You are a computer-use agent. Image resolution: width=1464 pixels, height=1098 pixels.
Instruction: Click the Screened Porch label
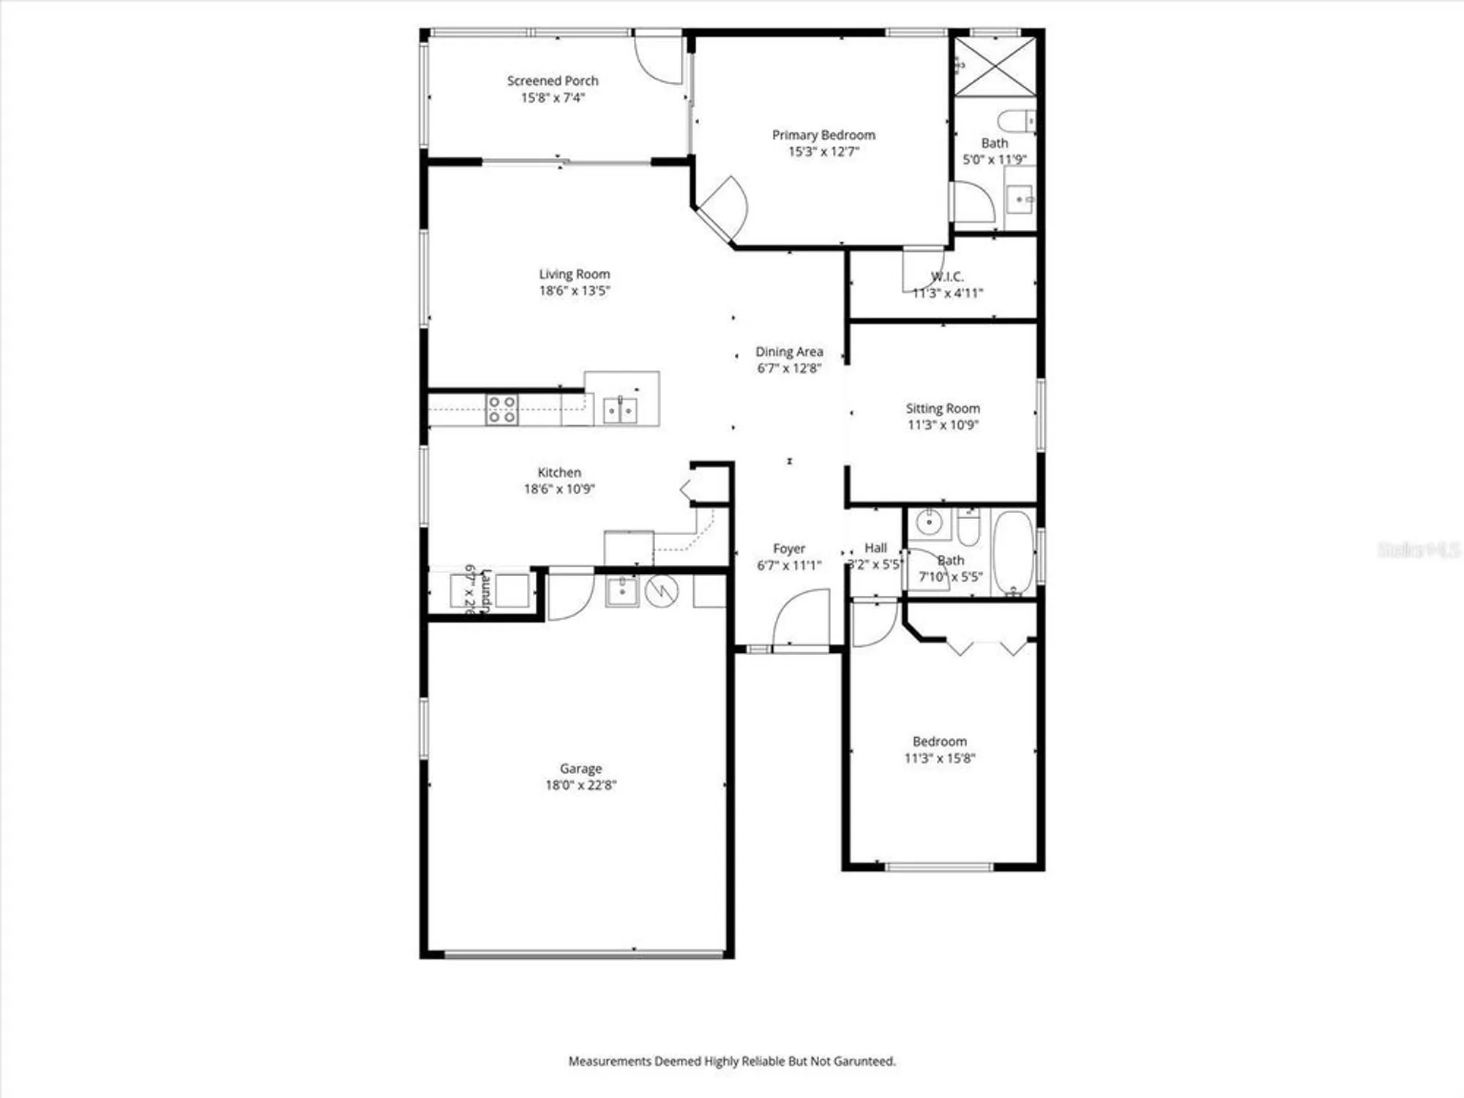pos(553,81)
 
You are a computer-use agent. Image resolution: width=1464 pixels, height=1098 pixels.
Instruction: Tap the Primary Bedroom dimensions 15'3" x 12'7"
pos(823,152)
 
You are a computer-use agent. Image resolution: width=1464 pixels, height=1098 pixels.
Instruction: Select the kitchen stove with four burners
pos(502,409)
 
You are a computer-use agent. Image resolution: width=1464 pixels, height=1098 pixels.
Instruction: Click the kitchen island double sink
pos(620,410)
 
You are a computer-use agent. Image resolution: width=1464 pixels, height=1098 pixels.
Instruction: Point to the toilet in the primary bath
pos(1016,120)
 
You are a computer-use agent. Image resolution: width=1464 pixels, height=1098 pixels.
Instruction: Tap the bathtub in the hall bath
pos(1013,553)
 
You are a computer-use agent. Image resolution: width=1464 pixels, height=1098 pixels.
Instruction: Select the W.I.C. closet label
pos(947,277)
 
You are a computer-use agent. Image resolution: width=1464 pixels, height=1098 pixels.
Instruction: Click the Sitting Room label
pos(943,408)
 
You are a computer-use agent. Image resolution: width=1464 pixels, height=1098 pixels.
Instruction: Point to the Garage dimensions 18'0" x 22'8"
pos(581,785)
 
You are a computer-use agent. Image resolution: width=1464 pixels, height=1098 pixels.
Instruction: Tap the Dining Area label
pos(789,352)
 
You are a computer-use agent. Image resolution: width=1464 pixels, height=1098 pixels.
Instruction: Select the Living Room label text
pos(575,274)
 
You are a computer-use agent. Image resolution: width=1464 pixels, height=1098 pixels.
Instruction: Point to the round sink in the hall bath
pos(929,523)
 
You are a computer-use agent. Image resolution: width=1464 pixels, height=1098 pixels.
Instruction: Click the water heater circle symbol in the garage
pos(662,591)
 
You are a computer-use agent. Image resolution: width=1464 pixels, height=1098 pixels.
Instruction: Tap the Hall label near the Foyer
pos(875,548)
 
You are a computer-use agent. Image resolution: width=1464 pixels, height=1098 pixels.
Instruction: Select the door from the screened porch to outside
pos(659,58)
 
